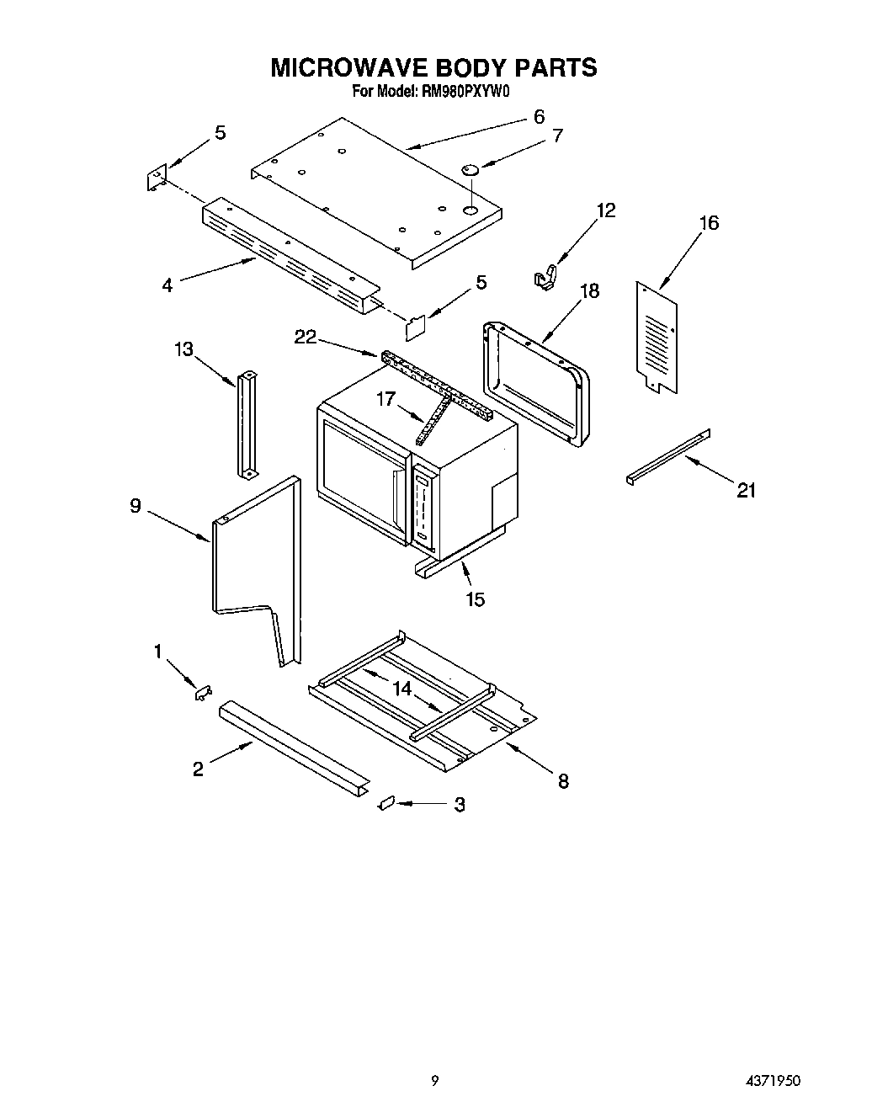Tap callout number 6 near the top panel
539,117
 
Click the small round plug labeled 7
471,170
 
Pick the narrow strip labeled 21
668,456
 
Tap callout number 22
305,337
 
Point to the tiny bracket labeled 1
202,692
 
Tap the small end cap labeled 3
387,804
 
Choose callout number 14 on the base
401,688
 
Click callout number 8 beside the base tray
562,780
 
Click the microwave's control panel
423,510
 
